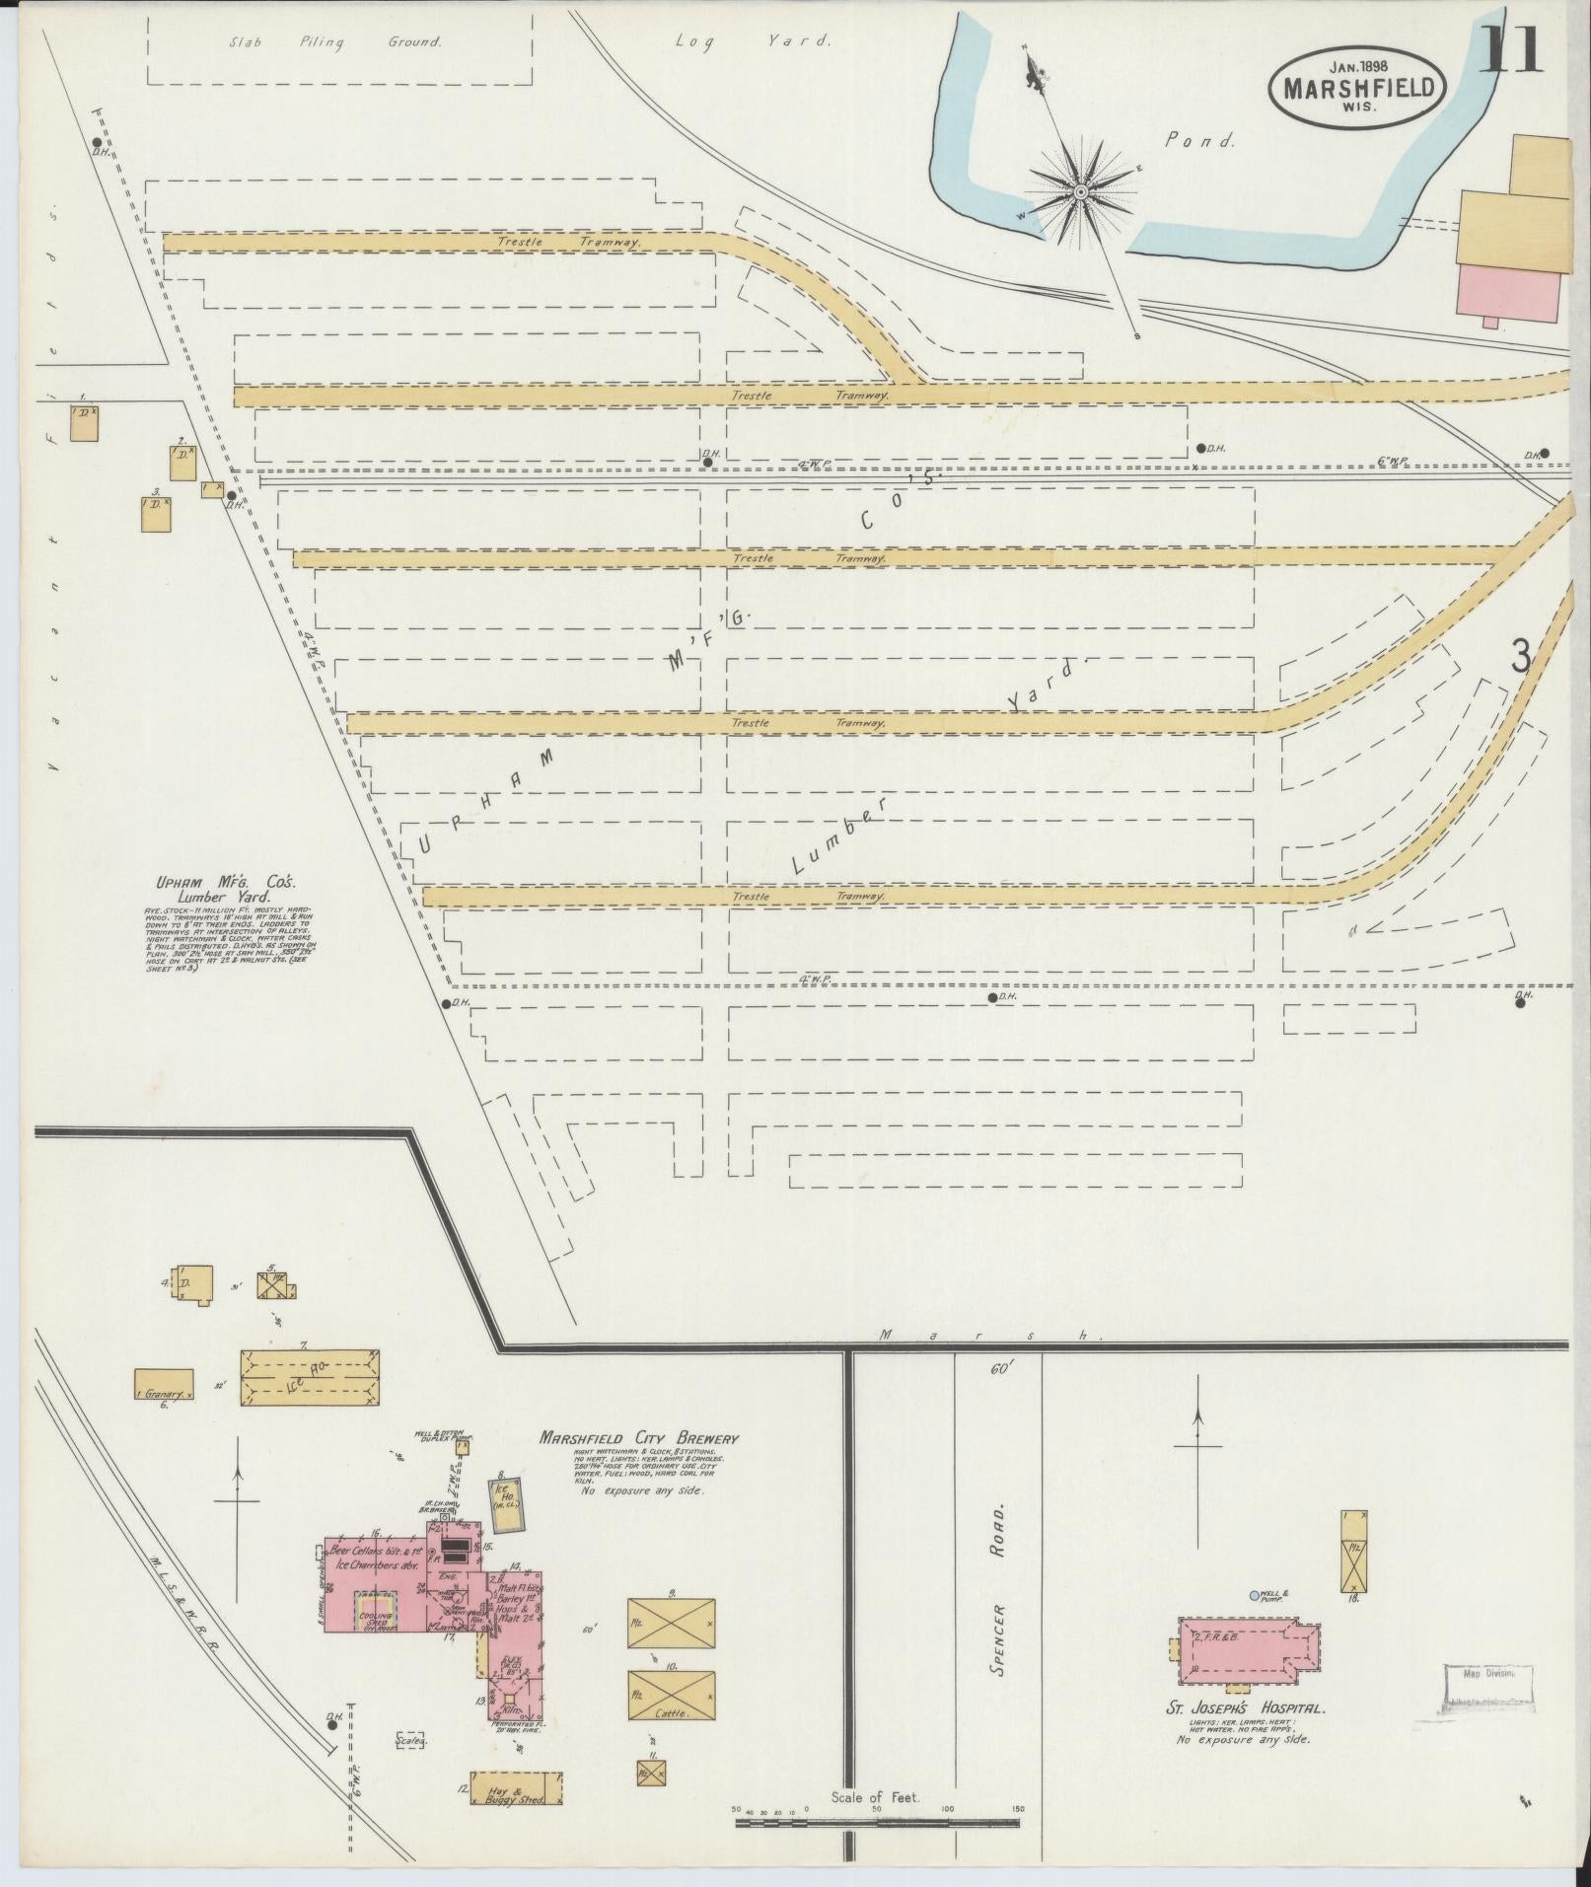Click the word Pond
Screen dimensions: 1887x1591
point(1200,140)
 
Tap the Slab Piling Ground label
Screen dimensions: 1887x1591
point(334,42)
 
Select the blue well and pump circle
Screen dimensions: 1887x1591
point(1255,1594)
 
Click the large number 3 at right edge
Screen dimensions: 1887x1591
point(1521,656)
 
